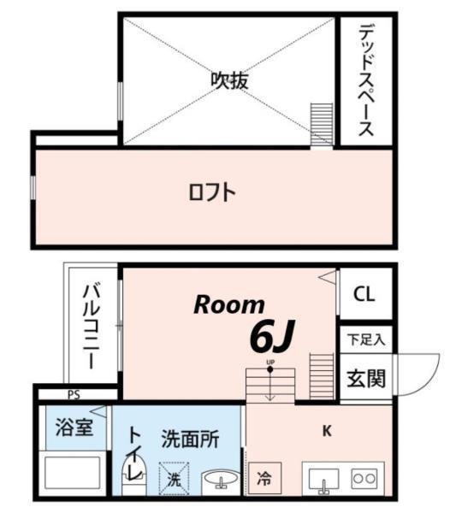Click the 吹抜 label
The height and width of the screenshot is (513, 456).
pos(230,80)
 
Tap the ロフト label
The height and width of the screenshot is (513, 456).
pos(211,192)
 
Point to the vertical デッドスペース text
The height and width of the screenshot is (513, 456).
pos(365,80)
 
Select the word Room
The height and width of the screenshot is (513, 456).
pos(228,304)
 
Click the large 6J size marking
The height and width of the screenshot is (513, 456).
pos(271,337)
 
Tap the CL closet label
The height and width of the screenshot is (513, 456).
pos(364,294)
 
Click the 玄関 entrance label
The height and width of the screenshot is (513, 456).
pos(365,378)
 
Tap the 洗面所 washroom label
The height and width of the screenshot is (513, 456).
pos(190,440)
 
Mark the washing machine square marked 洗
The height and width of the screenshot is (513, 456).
pos(175,478)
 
